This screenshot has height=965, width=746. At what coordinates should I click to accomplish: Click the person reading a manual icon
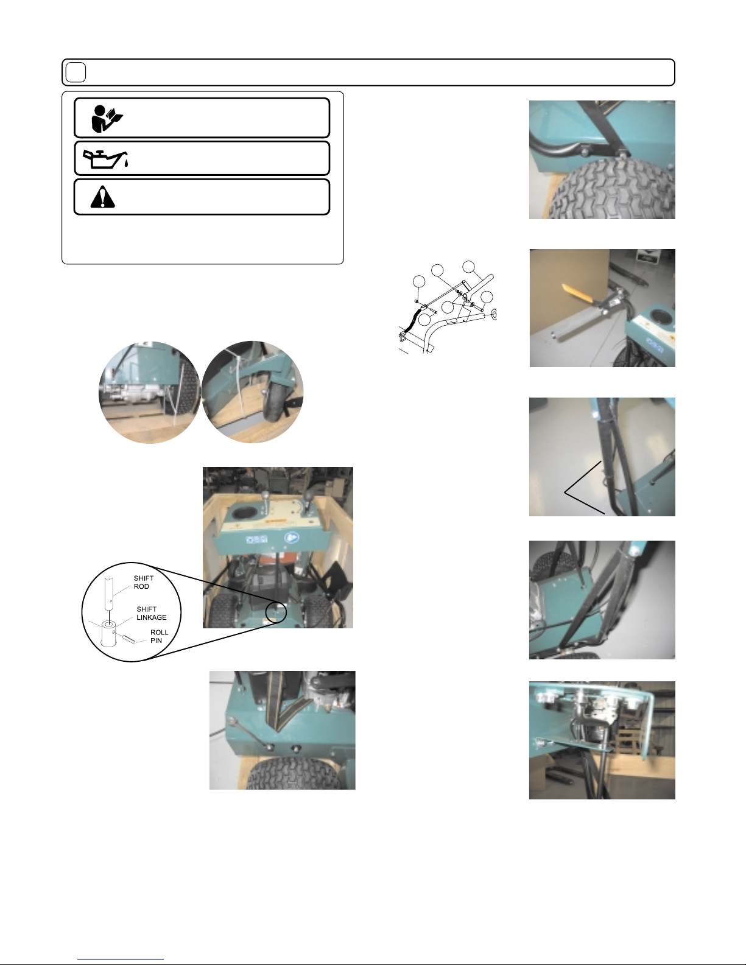(107, 119)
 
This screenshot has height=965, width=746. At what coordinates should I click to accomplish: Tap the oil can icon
(106, 159)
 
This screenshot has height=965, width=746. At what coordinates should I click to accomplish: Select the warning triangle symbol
(102, 197)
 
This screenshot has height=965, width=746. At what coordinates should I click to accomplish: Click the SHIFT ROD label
(144, 582)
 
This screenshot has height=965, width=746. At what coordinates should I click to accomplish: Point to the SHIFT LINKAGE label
(152, 613)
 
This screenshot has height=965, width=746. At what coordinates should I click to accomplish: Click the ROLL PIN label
(159, 636)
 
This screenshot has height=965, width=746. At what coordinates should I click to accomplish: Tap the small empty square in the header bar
(76, 72)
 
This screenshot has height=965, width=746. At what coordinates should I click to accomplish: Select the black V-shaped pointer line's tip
(565, 492)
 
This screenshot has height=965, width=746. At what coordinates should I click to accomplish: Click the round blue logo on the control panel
(291, 538)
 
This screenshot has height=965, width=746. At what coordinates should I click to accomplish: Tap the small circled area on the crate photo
(276, 612)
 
